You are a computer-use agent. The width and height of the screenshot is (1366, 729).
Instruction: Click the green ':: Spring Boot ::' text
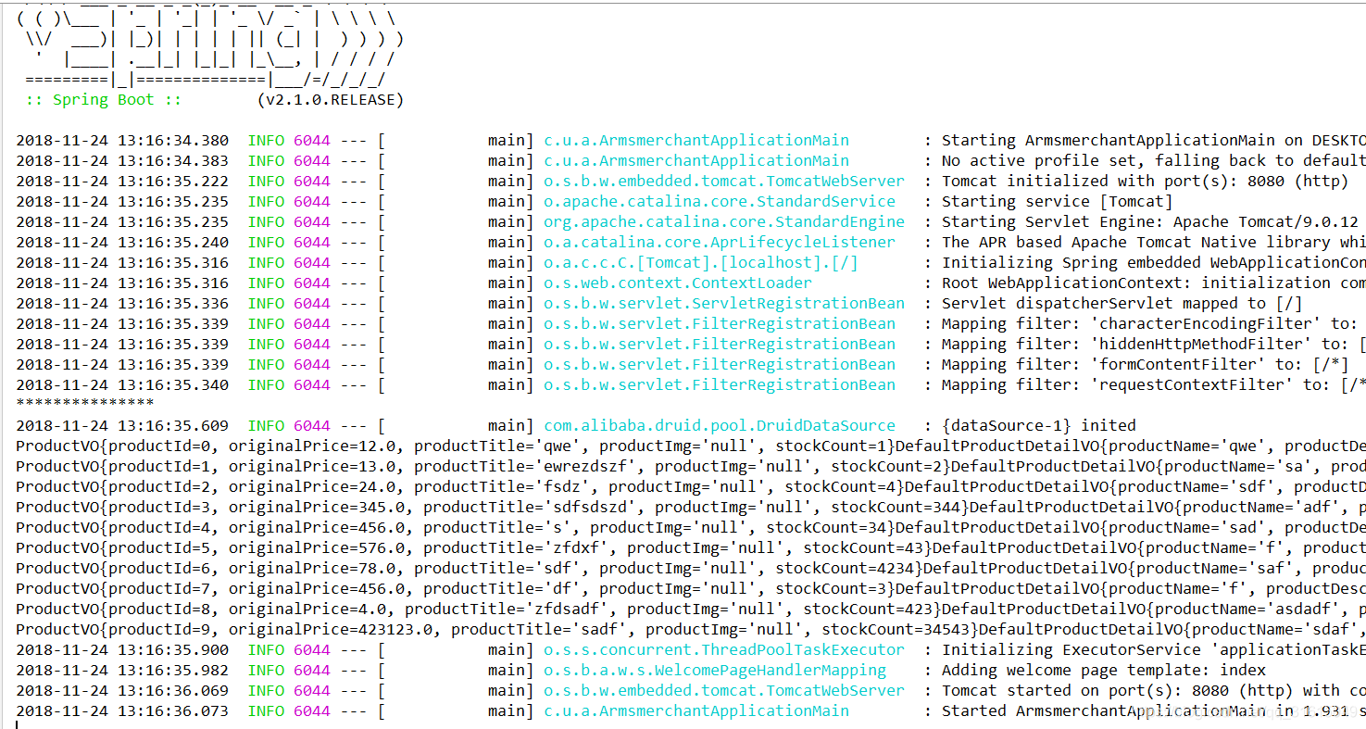pyautogui.click(x=104, y=100)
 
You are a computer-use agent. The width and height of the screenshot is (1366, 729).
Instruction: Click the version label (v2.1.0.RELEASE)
pyautogui.click(x=330, y=100)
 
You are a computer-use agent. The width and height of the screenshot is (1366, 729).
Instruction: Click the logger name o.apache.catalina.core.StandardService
pyautogui.click(x=720, y=202)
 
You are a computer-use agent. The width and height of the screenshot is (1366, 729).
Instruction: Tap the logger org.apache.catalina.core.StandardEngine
pyautogui.click(x=724, y=222)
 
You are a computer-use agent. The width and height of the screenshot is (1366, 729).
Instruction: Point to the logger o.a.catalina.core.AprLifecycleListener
pyautogui.click(x=720, y=243)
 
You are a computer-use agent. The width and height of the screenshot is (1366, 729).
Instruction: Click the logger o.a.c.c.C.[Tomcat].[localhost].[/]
pyautogui.click(x=701, y=263)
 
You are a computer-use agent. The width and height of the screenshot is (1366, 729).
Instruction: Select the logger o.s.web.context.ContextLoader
pyautogui.click(x=678, y=283)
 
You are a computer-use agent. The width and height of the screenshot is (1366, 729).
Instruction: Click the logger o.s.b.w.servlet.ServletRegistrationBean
pyautogui.click(x=724, y=304)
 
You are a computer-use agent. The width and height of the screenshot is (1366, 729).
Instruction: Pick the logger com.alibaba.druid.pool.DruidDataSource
pyautogui.click(x=720, y=426)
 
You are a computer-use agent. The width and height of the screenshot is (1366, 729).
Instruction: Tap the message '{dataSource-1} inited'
pyautogui.click(x=1039, y=426)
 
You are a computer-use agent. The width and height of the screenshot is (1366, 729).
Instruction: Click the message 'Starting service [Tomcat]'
pyautogui.click(x=1057, y=202)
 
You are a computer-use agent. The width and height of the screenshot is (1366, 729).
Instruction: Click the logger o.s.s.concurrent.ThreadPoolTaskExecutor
pyautogui.click(x=724, y=650)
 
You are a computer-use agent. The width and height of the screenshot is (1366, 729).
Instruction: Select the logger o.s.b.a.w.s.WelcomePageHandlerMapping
pyautogui.click(x=715, y=671)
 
